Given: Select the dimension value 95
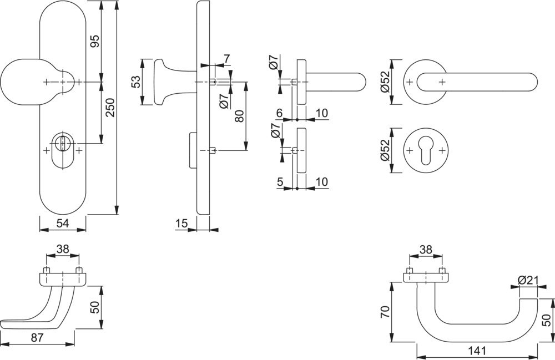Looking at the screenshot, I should click(94, 42).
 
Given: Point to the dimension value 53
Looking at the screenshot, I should click(135, 82).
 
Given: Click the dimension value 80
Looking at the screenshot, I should click(239, 117).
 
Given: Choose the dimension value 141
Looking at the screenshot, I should click(477, 351).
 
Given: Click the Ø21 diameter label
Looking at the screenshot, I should click(528, 280).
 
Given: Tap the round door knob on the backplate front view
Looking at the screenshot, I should click(22, 82).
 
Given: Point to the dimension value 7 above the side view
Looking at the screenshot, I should click(226, 59).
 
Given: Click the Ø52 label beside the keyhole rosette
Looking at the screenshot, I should click(384, 151).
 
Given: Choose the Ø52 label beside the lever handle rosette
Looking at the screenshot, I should click(384, 82).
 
